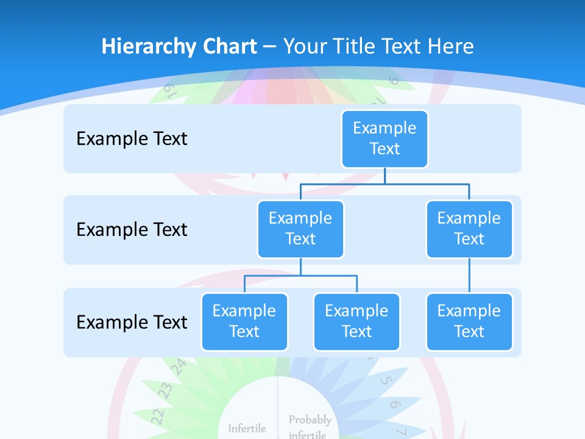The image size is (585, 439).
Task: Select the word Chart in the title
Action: [x=228, y=47]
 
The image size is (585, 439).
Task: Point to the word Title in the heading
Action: [x=355, y=47]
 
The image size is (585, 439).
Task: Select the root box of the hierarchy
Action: [x=385, y=138]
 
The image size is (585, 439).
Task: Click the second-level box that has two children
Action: [x=300, y=229]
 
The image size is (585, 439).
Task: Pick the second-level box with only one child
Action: [x=469, y=229]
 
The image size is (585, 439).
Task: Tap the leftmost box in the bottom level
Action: [x=244, y=321]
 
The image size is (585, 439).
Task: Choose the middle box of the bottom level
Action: [x=356, y=321]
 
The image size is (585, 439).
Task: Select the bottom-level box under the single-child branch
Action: [x=469, y=321]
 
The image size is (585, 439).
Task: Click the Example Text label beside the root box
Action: [x=132, y=139]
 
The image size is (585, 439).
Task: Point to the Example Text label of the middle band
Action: [x=132, y=230]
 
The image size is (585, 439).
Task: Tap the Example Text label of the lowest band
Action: [x=132, y=323]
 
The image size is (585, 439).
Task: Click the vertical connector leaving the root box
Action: [x=385, y=176]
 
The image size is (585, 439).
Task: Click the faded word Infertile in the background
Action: [x=247, y=429]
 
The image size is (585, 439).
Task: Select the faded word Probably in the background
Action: [x=310, y=420]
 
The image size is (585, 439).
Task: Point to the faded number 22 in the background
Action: [x=158, y=416]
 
